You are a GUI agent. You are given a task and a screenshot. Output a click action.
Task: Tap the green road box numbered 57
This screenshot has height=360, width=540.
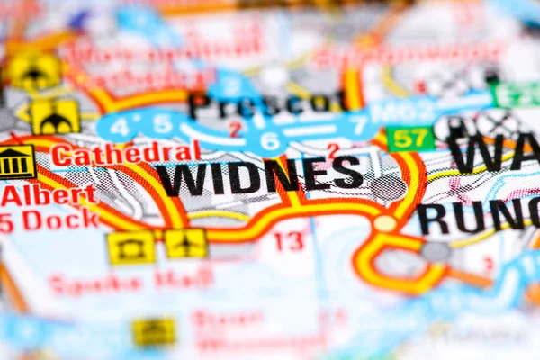coord(410,138)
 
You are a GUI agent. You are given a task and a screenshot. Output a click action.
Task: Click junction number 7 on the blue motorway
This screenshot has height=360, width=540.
coord(358,125)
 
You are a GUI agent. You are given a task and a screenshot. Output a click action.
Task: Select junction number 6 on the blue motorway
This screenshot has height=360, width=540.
coord(268,140)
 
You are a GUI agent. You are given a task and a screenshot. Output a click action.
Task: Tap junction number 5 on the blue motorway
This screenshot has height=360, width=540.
coord(162,123)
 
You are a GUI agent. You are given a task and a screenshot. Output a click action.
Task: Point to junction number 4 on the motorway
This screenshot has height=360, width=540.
coord(120,125)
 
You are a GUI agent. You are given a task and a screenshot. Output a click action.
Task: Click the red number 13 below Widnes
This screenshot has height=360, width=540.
coord(288,241)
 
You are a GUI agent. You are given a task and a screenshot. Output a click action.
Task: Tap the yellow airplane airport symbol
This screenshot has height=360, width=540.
coord(185,243)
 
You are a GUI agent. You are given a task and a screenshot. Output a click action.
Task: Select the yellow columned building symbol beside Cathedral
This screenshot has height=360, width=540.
coord(15,162)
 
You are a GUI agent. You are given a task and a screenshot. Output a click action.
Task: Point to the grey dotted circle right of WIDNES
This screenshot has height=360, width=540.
coord(388,187)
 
